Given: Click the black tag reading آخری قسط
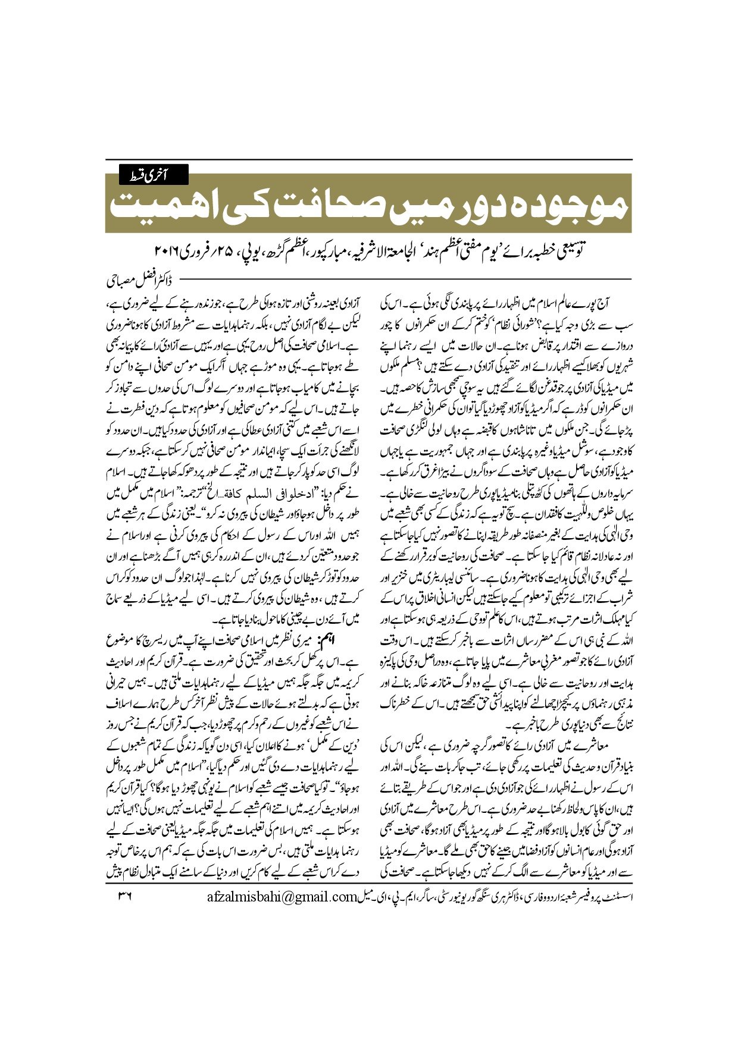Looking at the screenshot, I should [x=154, y=175].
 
